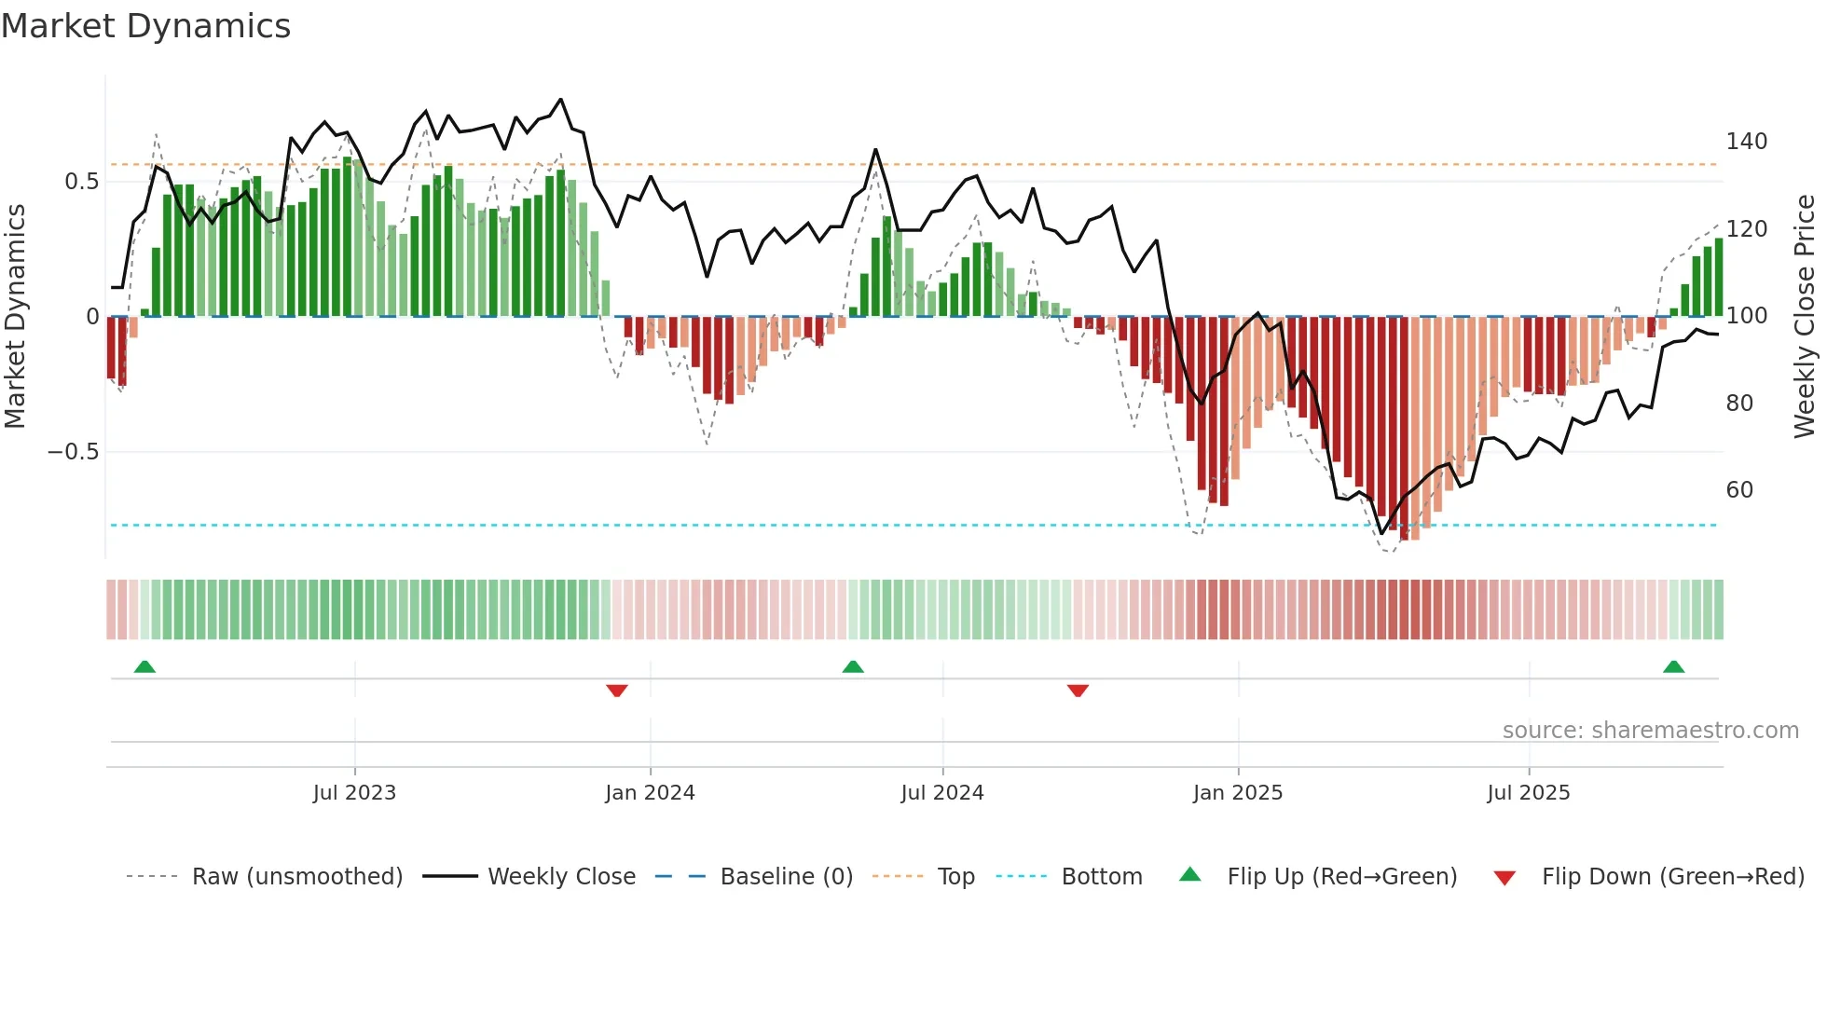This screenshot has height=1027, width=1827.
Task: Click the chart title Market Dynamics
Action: pyautogui.click(x=145, y=26)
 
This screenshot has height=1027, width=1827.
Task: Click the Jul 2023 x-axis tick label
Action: pyautogui.click(x=354, y=793)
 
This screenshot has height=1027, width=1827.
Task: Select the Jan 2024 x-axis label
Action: pyautogui.click(x=650, y=793)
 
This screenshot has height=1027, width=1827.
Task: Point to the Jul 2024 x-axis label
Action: pyautogui.click(x=942, y=793)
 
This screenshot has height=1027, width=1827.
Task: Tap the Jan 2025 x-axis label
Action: pyautogui.click(x=1238, y=793)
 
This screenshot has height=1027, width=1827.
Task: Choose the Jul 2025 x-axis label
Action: pyautogui.click(x=1529, y=793)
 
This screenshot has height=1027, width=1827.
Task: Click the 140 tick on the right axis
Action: pyautogui.click(x=1746, y=142)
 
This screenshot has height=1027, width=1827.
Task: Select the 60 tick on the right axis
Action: pyautogui.click(x=1739, y=490)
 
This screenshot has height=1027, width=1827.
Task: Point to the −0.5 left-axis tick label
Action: pyautogui.click(x=73, y=452)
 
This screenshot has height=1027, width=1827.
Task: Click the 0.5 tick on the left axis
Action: pyautogui.click(x=81, y=182)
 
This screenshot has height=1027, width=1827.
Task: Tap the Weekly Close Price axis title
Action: pyautogui.click(x=1805, y=317)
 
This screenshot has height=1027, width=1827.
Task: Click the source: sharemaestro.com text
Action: pyautogui.click(x=1650, y=731)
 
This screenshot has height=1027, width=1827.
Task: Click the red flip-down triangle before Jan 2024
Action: pyautogui.click(x=616, y=691)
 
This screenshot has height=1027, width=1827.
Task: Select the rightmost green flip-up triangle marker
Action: pyautogui.click(x=1673, y=666)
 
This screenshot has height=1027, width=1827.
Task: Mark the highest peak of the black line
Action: pyautogui.click(x=560, y=99)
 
